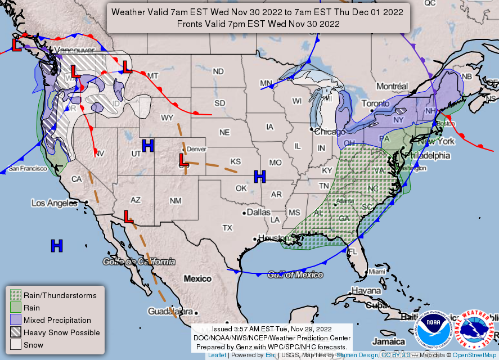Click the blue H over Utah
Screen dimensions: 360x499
coord(147,146)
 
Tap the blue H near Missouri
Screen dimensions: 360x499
coord(259,176)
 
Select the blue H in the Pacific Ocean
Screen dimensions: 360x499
coord(56,245)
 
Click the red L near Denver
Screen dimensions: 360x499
coord(183,160)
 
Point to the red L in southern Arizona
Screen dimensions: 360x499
coord(128,215)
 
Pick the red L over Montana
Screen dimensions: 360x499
coord(127,67)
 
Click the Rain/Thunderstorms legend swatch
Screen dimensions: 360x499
coord(15,295)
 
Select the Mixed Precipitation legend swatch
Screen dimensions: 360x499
coord(15,320)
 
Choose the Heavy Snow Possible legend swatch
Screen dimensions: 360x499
coord(15,332)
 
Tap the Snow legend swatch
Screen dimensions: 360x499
coord(15,345)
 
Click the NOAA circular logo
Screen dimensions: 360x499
coord(434,330)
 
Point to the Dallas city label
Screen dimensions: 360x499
coord(258,213)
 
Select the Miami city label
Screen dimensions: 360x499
coord(377,272)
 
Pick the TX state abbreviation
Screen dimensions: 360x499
coord(227,228)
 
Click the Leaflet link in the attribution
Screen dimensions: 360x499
coord(217,355)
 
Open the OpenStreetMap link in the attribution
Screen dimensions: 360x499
coord(475,355)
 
